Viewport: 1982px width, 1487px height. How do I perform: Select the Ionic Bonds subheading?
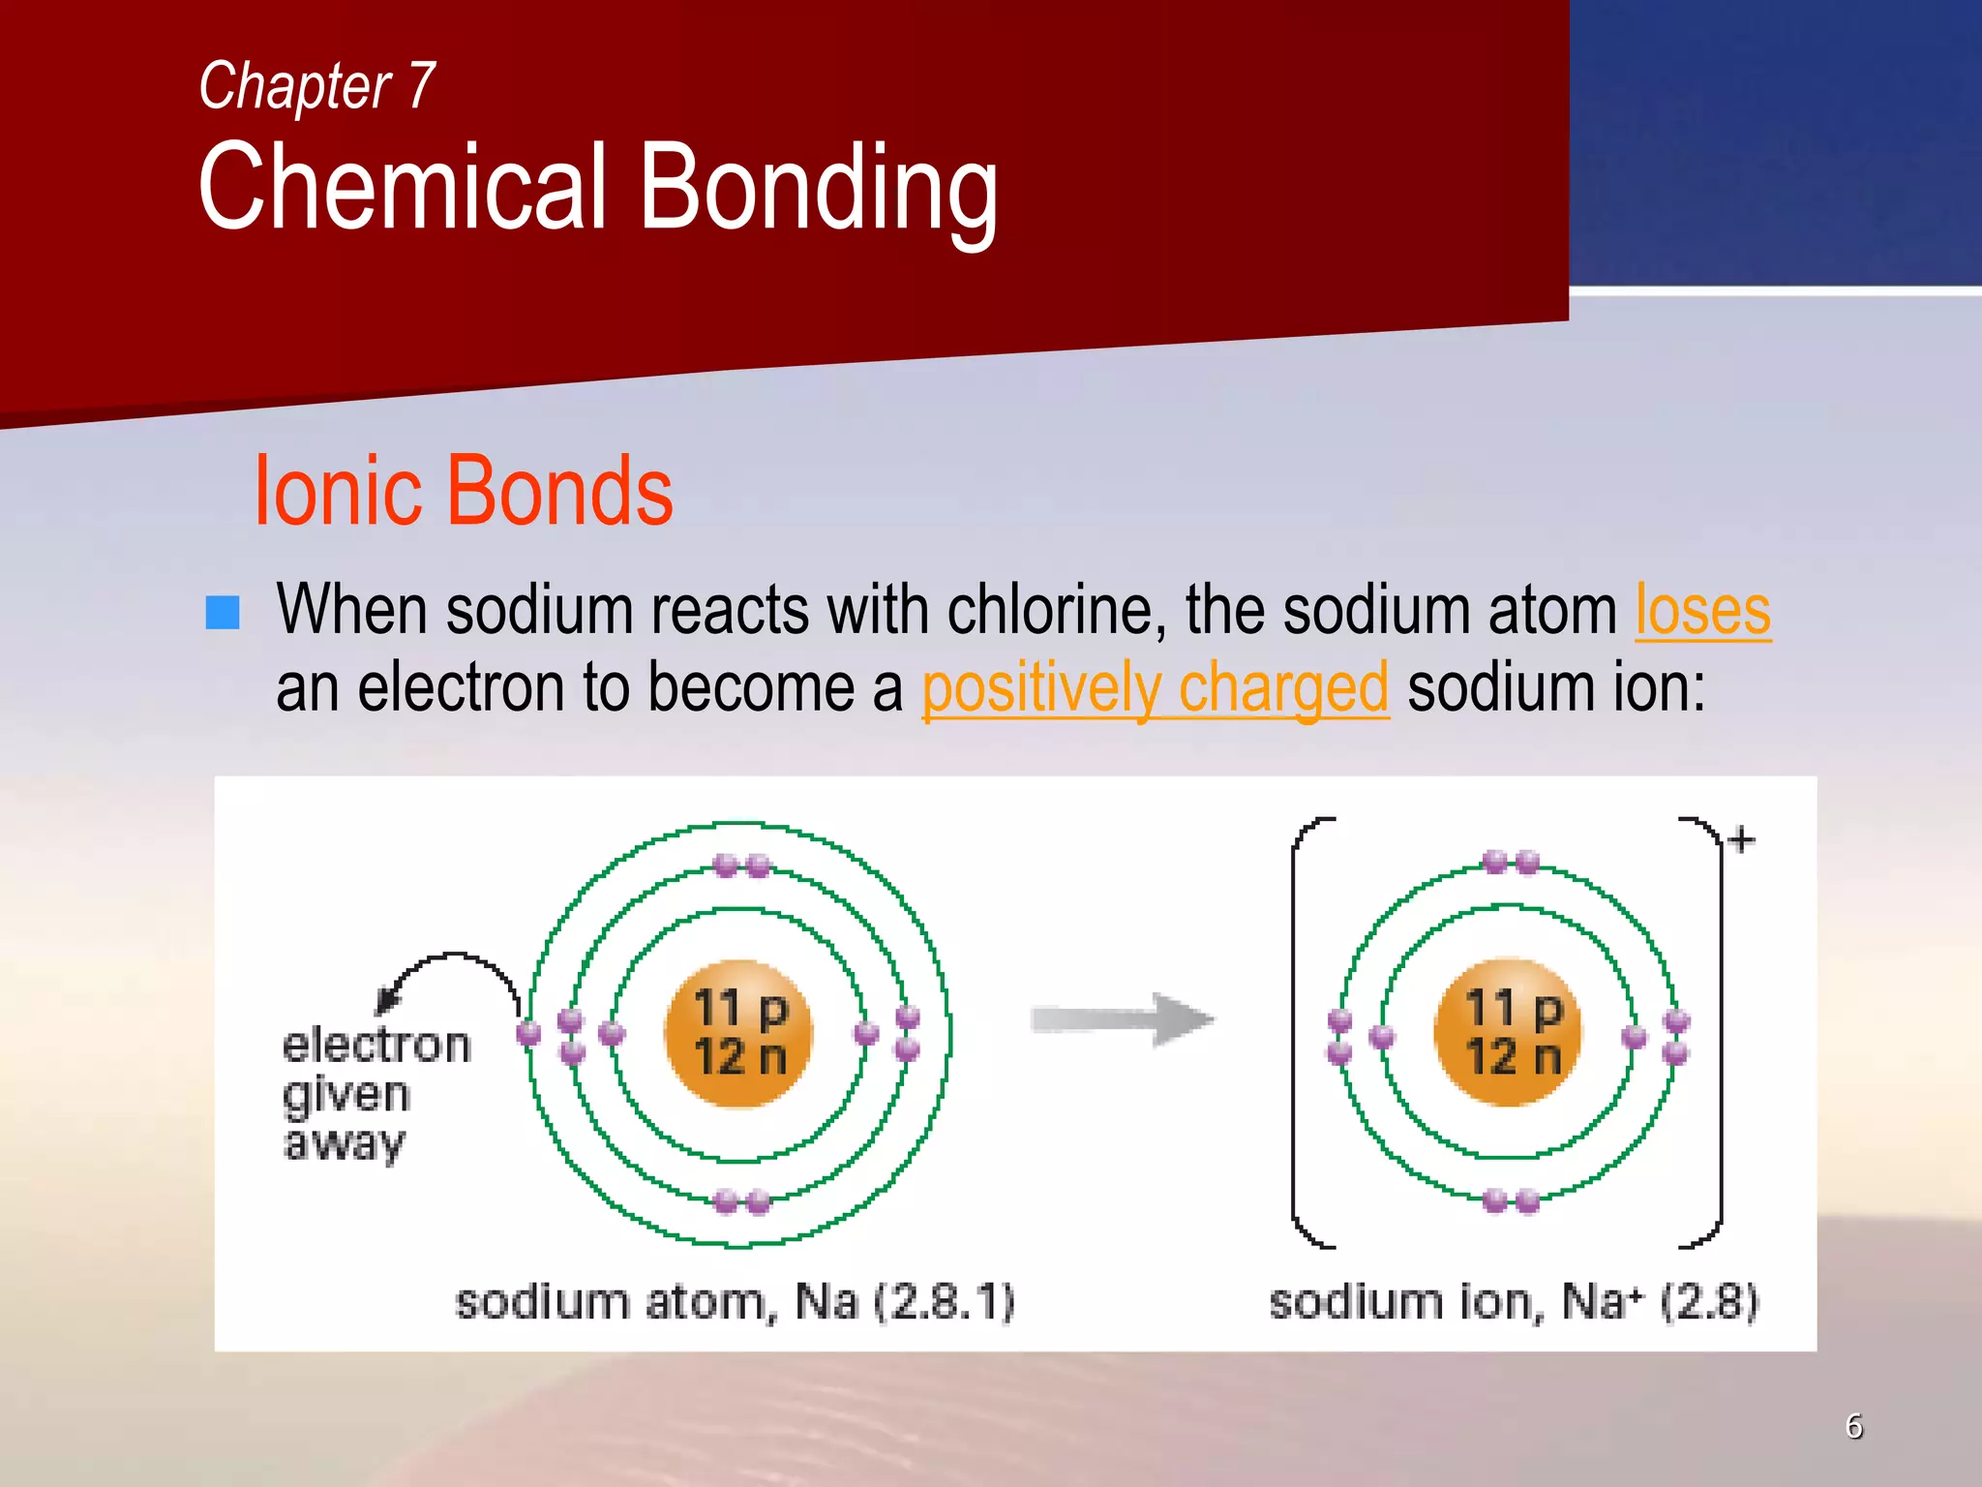click(x=463, y=492)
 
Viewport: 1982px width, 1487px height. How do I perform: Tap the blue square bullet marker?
click(x=223, y=613)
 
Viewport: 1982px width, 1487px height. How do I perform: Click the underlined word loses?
click(x=1702, y=612)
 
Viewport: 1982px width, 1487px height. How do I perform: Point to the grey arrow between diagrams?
click(x=1123, y=1019)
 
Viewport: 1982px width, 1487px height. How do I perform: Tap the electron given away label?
click(x=373, y=1094)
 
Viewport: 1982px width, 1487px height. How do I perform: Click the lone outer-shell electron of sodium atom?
click(x=528, y=1032)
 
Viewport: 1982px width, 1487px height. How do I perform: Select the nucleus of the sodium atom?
click(x=739, y=1032)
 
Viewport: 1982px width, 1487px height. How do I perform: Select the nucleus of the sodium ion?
click(x=1508, y=1032)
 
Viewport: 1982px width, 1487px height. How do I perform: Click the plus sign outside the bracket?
click(x=1741, y=839)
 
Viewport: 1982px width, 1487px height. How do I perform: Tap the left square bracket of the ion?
click(x=1302, y=1032)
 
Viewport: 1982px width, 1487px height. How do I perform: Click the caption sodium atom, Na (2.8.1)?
click(x=734, y=1301)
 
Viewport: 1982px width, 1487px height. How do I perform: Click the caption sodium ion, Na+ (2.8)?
click(x=1513, y=1301)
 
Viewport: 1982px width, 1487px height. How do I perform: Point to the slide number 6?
click(x=1853, y=1426)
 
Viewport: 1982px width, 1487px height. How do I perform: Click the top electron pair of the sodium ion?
click(x=1511, y=862)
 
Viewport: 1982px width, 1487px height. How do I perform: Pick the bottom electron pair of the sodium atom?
click(x=742, y=1202)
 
